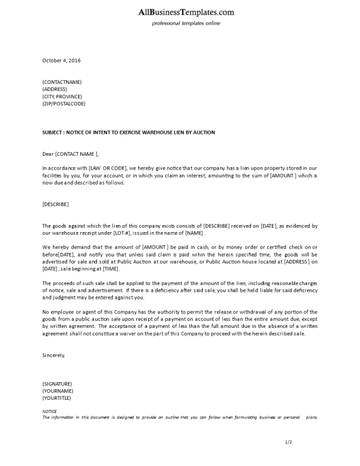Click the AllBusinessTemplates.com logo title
(x=186, y=12)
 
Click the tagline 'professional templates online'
(x=186, y=23)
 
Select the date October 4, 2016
(x=61, y=61)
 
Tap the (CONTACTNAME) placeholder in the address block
(x=62, y=82)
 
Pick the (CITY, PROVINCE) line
(x=62, y=96)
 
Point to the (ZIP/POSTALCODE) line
(x=64, y=103)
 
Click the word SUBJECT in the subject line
(x=54, y=132)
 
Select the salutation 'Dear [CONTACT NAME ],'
(x=71, y=154)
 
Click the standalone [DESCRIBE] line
(x=55, y=204)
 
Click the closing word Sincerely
(x=53, y=355)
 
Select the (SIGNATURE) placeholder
(x=57, y=383)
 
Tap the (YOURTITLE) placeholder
(x=57, y=398)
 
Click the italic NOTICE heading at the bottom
(x=49, y=411)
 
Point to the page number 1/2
(x=288, y=442)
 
